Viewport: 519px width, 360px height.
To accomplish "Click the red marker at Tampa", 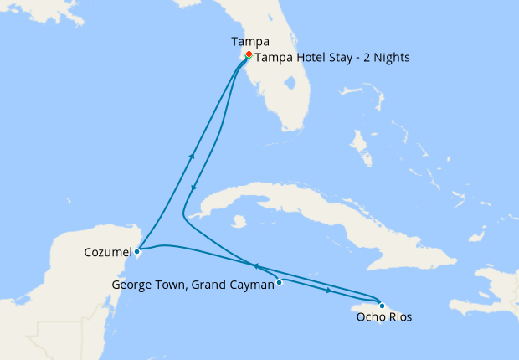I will click(x=248, y=55).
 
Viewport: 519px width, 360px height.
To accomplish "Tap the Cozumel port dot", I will click(x=136, y=250).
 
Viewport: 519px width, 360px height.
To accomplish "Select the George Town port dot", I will click(x=280, y=282).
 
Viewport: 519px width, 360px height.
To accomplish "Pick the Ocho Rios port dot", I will click(x=382, y=305).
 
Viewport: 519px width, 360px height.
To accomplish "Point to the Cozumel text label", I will click(x=106, y=251).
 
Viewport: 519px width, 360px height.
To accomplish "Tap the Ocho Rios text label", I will click(x=384, y=317).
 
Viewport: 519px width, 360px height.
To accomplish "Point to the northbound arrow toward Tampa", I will click(x=193, y=156).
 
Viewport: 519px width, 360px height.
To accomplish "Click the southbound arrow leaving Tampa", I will click(x=193, y=188).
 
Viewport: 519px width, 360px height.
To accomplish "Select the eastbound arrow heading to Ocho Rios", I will click(x=329, y=291).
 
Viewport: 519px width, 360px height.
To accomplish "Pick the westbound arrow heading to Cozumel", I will click(x=254, y=265).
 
